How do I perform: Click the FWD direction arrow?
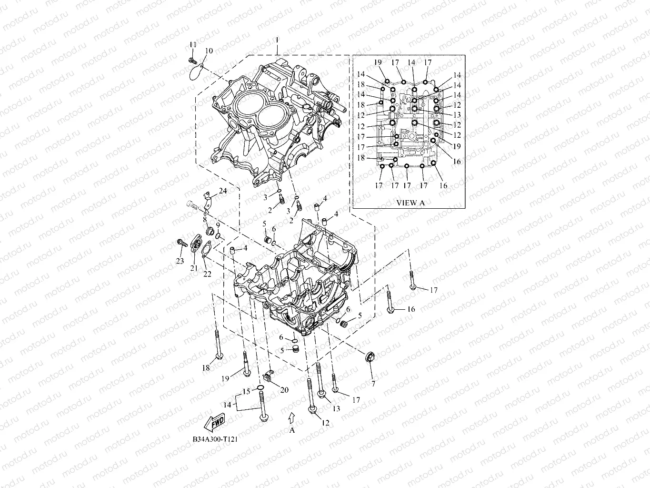coord(214,421)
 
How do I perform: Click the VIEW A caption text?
coord(410,203)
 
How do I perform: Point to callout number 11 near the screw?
coord(192,44)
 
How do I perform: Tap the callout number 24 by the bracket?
coord(223,192)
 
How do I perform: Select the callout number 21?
coord(194,268)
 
